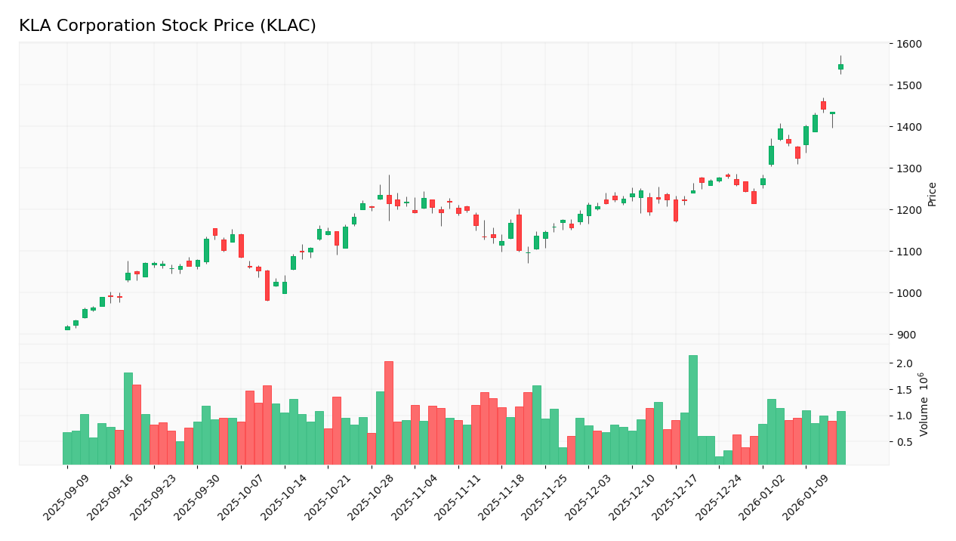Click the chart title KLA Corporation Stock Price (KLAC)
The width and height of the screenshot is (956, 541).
(167, 26)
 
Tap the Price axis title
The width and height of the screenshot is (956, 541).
(932, 194)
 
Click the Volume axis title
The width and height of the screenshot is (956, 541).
(924, 404)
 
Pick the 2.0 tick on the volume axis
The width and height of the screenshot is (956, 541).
(904, 363)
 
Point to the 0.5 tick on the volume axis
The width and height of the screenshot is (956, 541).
(904, 442)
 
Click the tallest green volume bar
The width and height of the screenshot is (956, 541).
(692, 410)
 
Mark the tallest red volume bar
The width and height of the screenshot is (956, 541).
(388, 413)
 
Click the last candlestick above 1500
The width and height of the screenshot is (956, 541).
(840, 66)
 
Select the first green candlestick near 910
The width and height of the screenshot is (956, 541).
(67, 328)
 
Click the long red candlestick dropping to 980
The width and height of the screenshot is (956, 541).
(267, 286)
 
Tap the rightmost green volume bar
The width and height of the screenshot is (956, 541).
(840, 437)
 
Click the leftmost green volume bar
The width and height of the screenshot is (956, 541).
(67, 448)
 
